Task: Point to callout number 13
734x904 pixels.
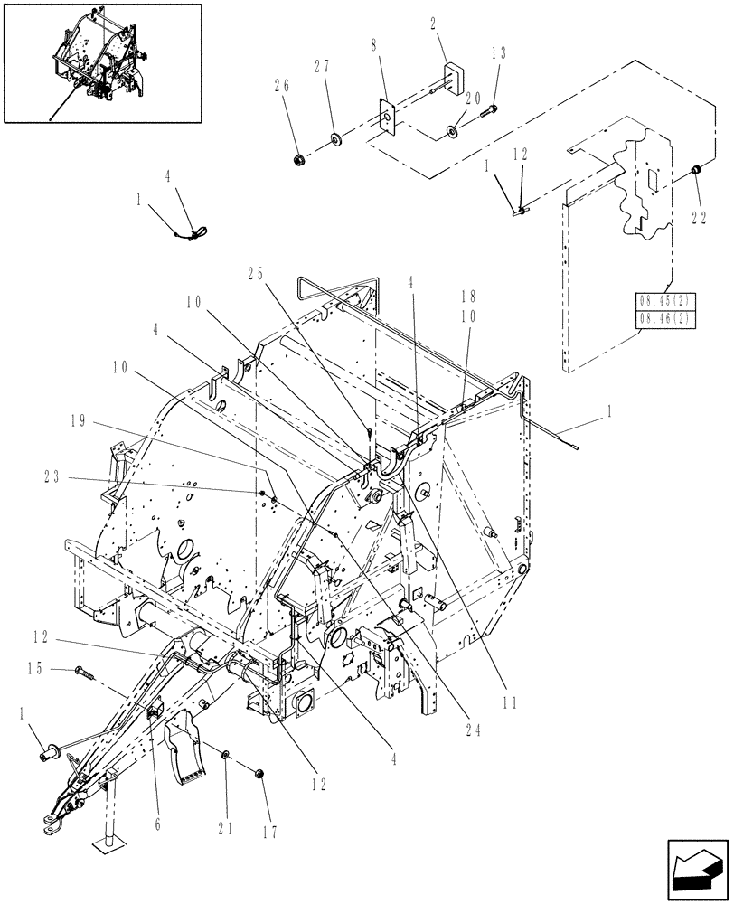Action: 498,54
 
